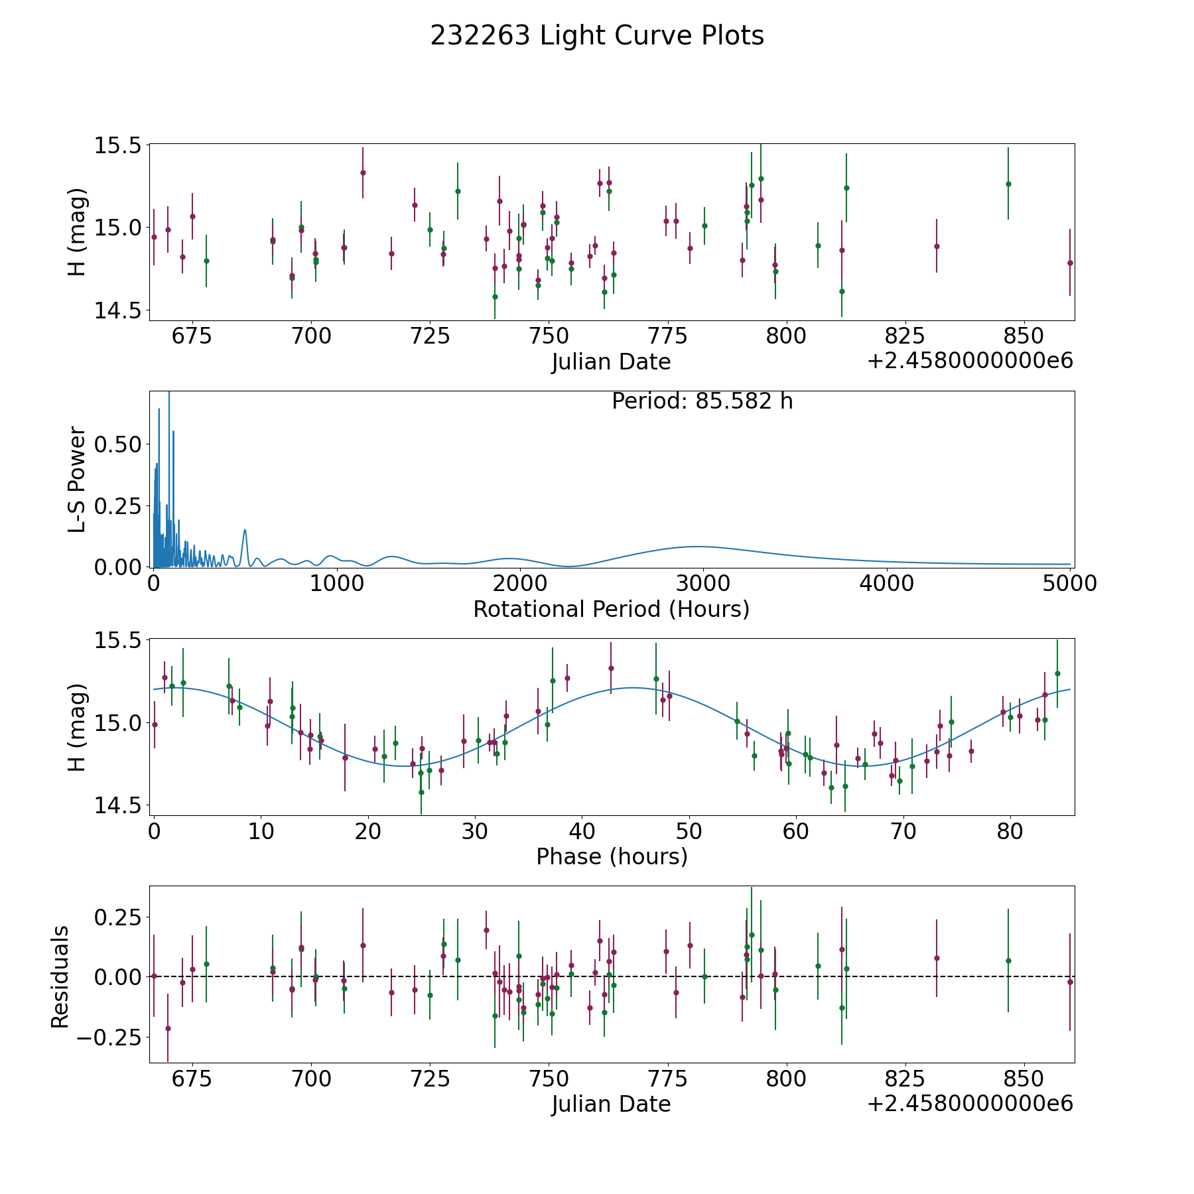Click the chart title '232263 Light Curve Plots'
pos(597,36)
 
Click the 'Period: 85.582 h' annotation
pos(702,401)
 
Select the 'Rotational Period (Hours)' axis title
pos(611,609)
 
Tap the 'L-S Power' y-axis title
pos(77,479)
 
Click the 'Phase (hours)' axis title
pos(612,856)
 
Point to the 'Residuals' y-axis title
pos(60,976)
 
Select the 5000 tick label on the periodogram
pos(1069,583)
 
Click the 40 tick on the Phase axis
pos(582,830)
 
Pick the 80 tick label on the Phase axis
pos(1010,830)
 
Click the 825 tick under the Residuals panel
pos(905,1078)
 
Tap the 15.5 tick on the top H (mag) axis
pos(117,145)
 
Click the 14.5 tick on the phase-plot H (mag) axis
pos(117,805)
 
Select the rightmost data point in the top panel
pos(1070,263)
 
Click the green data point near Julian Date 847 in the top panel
pos(1008,184)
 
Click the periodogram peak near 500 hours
pos(245,530)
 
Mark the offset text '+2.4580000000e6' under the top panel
pos(970,362)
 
